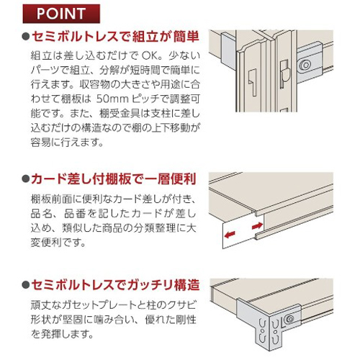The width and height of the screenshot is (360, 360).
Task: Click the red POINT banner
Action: pyautogui.click(x=61, y=14)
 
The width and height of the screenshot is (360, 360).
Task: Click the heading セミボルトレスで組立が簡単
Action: pyautogui.click(x=115, y=37)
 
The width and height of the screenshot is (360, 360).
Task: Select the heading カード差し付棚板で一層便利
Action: pyautogui.click(x=114, y=179)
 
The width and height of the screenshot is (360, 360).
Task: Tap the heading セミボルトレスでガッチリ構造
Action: pyautogui.click(x=115, y=285)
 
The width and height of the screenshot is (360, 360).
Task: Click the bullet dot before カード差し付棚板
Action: pyautogui.click(x=26, y=179)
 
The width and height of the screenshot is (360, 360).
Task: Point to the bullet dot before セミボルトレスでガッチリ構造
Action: pyautogui.click(x=26, y=285)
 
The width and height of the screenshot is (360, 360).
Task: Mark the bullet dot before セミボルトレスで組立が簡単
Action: pyautogui.click(x=26, y=37)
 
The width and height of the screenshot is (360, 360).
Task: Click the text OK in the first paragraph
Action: pyautogui.click(x=150, y=56)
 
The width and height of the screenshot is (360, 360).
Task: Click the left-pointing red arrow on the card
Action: pyautogui.click(x=230, y=234)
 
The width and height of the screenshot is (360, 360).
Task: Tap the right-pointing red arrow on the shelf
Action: pyautogui.click(x=257, y=225)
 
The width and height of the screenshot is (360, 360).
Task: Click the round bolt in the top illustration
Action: pyautogui.click(x=305, y=65)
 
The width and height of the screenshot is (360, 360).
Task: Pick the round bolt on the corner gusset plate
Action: pyautogui.click(x=290, y=319)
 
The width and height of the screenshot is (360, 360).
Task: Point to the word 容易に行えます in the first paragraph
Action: pyautogui.click(x=67, y=143)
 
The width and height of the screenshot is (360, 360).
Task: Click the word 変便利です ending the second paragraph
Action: pyautogui.click(x=58, y=243)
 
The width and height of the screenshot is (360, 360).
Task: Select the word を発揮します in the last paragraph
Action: pyautogui.click(x=62, y=334)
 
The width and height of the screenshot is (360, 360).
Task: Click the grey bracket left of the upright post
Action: pyautogui.click(x=228, y=51)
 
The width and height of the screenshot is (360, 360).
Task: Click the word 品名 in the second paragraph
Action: pyautogui.click(x=40, y=214)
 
